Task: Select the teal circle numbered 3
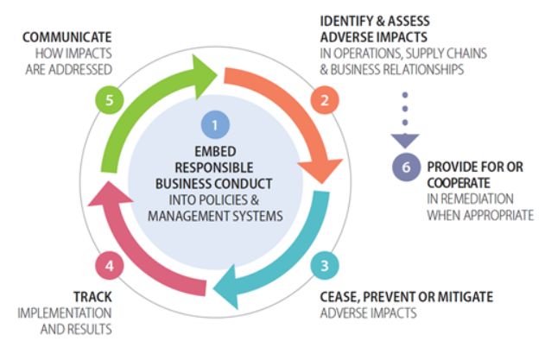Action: click(325, 265)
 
